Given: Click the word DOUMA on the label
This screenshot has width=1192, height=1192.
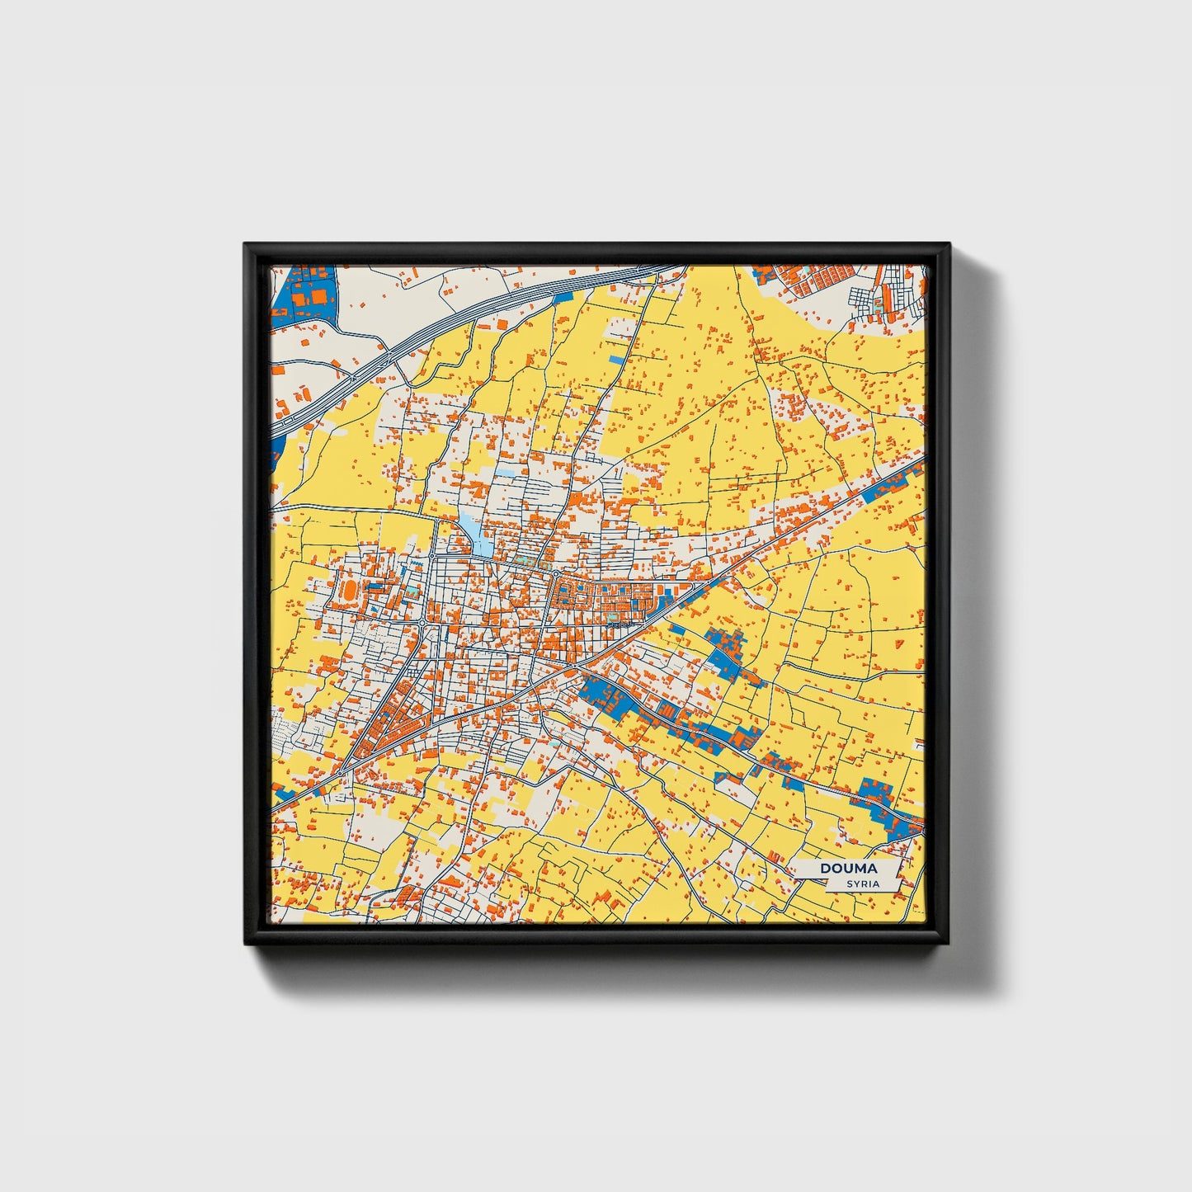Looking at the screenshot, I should [848, 869].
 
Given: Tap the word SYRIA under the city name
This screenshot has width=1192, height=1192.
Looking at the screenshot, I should [863, 883].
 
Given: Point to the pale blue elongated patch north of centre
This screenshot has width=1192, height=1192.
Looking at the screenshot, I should [474, 532].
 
